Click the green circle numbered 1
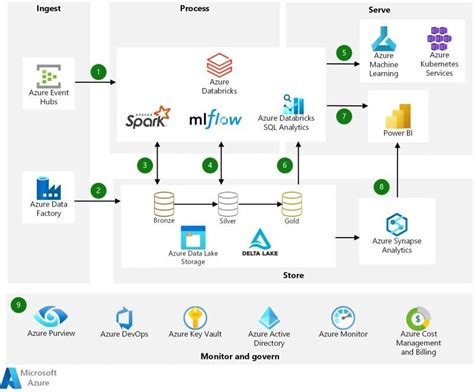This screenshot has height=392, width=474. [98, 72]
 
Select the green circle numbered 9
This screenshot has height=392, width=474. [18, 304]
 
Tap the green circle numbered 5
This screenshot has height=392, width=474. [344, 52]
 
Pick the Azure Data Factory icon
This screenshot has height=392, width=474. [47, 187]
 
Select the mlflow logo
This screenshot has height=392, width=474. [217, 120]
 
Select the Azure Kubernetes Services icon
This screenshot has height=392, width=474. [440, 40]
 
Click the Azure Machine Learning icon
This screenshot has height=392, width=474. [386, 40]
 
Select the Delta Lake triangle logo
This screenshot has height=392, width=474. [259, 239]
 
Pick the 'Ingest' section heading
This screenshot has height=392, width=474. [47, 8]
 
